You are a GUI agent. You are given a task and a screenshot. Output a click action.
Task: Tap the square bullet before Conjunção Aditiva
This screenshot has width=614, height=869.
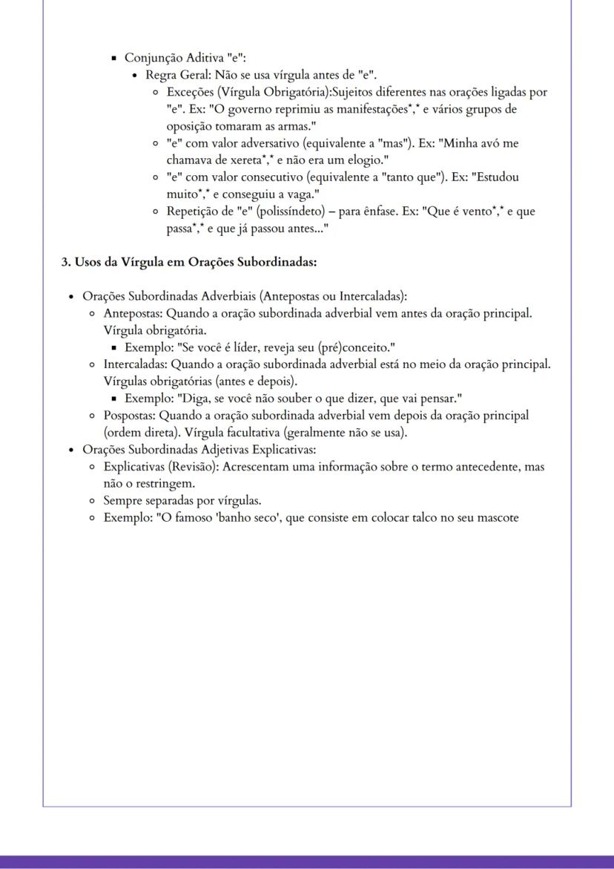tap(113, 59)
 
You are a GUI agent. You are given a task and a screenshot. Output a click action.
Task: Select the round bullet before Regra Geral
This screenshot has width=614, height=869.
tap(134, 76)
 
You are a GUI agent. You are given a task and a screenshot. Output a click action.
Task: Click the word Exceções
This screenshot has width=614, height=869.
tap(191, 92)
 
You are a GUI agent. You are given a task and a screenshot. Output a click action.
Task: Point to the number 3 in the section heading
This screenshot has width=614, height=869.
tap(65, 262)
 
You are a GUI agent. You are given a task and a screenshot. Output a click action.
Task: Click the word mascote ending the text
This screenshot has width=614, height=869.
tap(495, 517)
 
